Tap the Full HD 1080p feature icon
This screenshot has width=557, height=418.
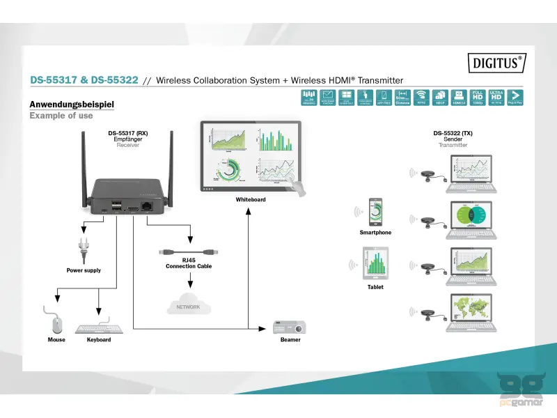point(478,97)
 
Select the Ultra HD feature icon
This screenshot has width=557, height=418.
point(496,97)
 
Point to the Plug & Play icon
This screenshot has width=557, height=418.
point(515,97)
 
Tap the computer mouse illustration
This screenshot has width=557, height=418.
point(56,323)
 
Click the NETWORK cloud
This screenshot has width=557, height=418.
point(188,305)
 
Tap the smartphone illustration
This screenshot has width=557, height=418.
point(375,212)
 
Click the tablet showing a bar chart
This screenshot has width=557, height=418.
point(375,265)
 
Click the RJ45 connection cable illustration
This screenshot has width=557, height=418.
point(188,249)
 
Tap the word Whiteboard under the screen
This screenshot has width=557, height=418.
point(251,199)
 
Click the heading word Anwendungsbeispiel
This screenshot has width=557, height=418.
point(72,104)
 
